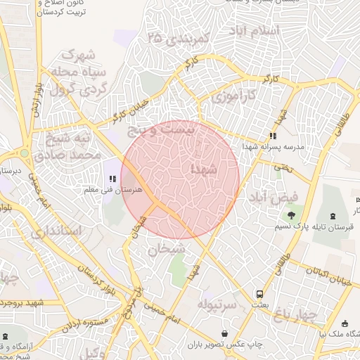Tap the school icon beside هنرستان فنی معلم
(112, 169)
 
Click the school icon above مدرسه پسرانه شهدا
(273, 136)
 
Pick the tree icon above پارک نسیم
(291, 214)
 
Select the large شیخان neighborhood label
(167, 247)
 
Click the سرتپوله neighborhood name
(215, 304)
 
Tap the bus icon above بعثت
(260, 294)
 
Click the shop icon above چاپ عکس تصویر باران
(224, 333)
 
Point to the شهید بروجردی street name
(25, 302)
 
